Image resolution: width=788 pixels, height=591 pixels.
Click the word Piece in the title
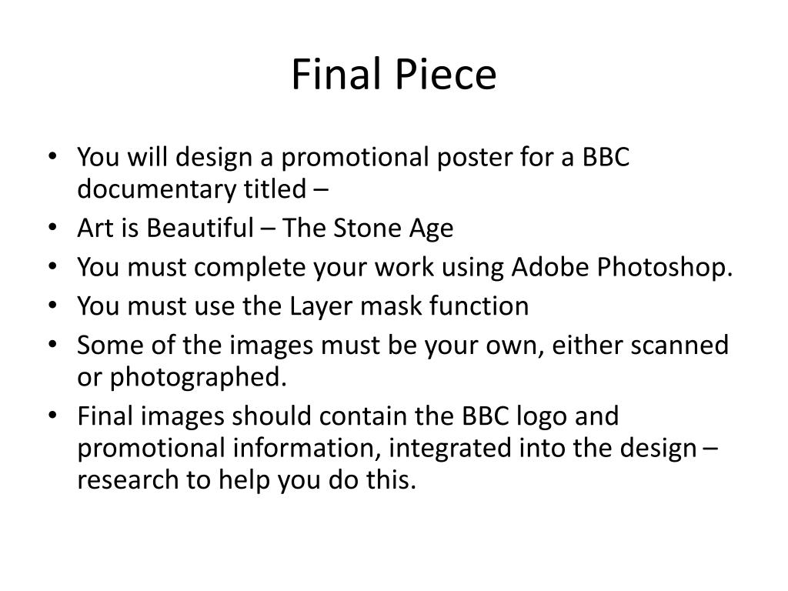447,75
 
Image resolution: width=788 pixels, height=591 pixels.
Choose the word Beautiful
199,229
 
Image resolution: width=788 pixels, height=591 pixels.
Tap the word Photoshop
663,269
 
